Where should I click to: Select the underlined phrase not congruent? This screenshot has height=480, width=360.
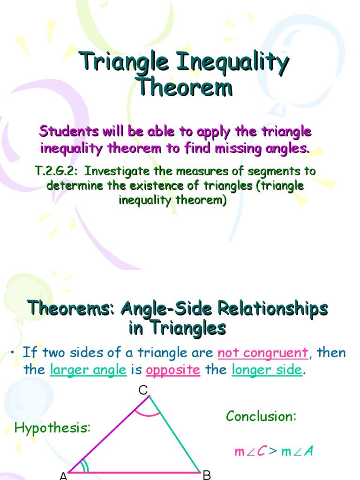tap(263, 352)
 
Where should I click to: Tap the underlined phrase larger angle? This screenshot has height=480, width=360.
tap(88, 370)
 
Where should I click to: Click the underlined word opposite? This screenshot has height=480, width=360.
tap(173, 370)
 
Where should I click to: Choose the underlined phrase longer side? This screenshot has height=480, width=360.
tap(267, 370)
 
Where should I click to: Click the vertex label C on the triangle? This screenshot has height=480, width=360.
tap(143, 389)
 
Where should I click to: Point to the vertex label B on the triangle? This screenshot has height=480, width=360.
tap(207, 475)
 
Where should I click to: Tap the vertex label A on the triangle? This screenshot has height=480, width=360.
tap(64, 476)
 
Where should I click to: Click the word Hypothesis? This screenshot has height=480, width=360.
tap(52, 427)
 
